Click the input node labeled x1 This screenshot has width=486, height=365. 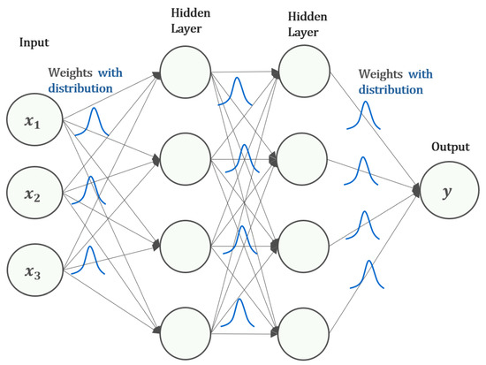coord(31,122)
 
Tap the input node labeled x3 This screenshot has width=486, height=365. coord(31,268)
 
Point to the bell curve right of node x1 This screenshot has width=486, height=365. coord(90,123)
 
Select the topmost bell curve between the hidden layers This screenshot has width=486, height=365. coord(238,90)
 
